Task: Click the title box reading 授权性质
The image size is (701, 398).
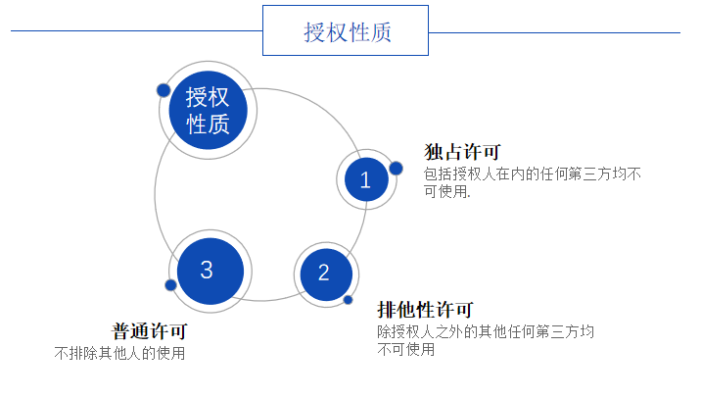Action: pos(346,30)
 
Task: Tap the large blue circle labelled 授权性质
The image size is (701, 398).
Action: pos(208,110)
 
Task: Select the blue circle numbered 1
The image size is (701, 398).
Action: pos(366,179)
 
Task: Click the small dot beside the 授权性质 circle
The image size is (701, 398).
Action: pos(164,90)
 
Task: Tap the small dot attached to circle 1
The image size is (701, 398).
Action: pos(396,168)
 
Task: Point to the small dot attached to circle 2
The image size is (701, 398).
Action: pos(348,300)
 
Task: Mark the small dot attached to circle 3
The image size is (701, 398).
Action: pos(170,285)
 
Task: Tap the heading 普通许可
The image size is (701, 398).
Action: pos(149,331)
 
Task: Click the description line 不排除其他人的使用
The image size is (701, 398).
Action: pos(119,353)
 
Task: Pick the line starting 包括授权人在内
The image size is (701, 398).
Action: pos(533,174)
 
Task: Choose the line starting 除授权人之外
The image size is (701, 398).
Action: pos(486,331)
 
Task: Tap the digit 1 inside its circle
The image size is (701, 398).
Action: pos(366,179)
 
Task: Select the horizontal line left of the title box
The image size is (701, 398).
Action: pos(136,31)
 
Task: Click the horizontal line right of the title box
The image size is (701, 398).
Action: pos(554,31)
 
